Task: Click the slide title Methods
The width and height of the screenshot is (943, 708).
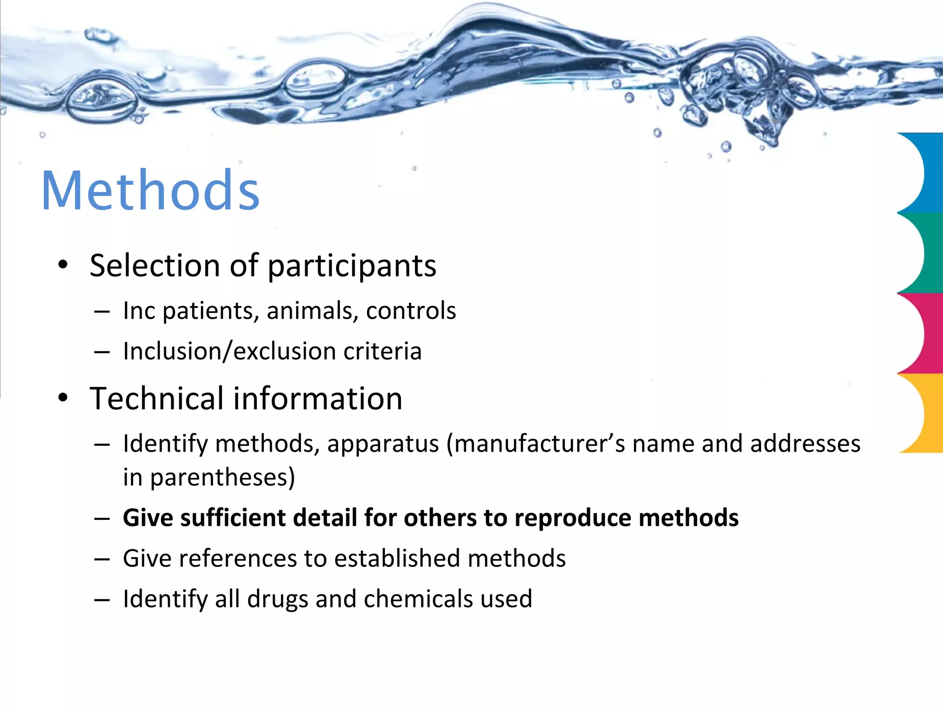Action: pos(151,190)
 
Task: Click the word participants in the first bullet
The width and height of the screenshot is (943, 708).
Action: pos(352,266)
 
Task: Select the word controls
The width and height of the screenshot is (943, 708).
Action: pos(411,311)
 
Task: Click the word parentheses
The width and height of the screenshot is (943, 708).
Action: pos(222,478)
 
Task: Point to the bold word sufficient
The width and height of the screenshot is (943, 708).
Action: pos(233,518)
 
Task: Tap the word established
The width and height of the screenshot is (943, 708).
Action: pos(397,558)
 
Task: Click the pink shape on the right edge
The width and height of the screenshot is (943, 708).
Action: pos(923,333)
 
